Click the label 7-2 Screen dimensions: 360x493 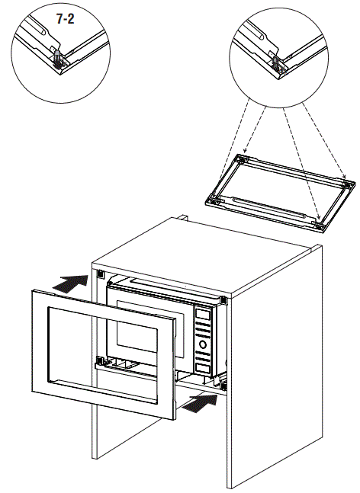point(65,19)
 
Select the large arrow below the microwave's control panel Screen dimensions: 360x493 point(200,403)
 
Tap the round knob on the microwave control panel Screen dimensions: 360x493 point(203,344)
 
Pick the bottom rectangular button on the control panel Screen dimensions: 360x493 point(203,368)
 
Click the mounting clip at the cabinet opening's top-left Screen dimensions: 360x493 point(100,274)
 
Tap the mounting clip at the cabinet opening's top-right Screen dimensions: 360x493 point(223,300)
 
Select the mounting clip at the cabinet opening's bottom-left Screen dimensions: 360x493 point(100,360)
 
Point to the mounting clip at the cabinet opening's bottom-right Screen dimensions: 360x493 point(223,386)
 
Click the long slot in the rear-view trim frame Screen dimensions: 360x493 point(268,207)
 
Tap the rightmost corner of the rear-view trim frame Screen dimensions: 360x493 point(355,183)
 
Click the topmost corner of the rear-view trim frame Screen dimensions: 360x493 point(239,154)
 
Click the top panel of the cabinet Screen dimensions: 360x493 point(201,256)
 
